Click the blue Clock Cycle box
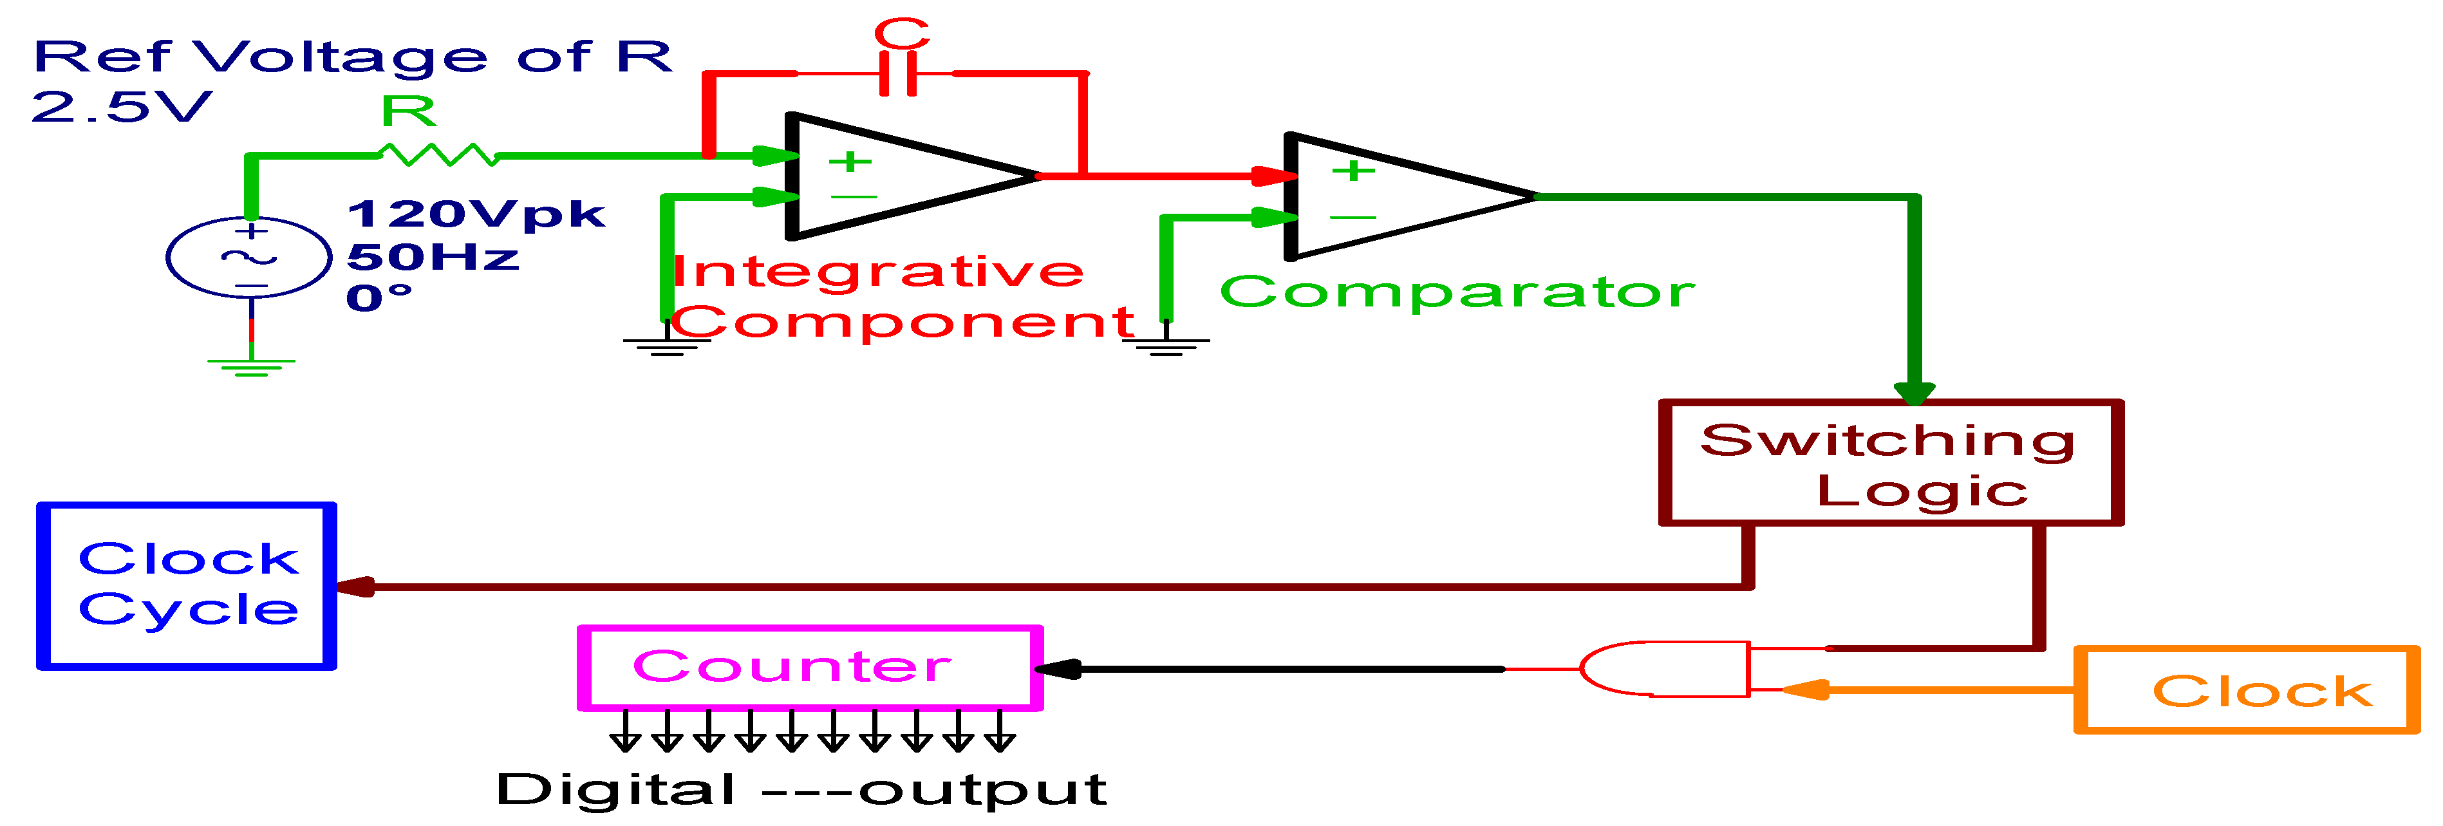click(x=187, y=585)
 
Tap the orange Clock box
click(x=2246, y=690)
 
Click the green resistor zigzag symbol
click(x=438, y=155)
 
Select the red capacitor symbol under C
click(x=897, y=73)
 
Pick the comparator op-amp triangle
click(x=1394, y=196)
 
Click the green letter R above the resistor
click(x=409, y=112)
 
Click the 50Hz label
click(x=433, y=257)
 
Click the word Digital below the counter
click(x=615, y=789)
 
